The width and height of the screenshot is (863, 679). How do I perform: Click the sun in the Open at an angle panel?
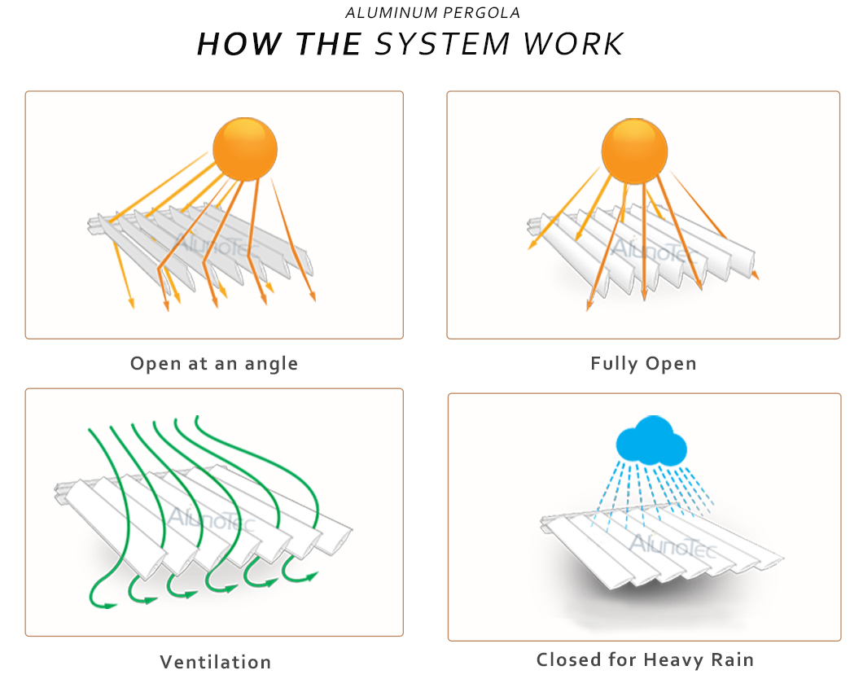pos(245,149)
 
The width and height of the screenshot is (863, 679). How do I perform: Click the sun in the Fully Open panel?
pos(634,151)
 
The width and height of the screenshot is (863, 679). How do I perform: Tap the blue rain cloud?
pos(651,440)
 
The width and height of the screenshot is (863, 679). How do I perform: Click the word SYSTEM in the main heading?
pos(443,44)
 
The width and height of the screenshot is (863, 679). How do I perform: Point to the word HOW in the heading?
pos(240,44)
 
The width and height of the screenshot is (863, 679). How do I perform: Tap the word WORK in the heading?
pos(573,44)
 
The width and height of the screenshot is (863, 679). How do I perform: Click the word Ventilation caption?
pos(216,662)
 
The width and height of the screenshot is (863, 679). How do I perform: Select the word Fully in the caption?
pos(614,364)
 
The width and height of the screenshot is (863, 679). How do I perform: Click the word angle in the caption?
pos(271,364)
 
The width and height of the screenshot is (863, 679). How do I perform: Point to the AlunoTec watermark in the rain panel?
pos(673,545)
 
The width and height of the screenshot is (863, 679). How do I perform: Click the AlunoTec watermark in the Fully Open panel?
pos(653,251)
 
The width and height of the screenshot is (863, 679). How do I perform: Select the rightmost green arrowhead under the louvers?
pos(312,576)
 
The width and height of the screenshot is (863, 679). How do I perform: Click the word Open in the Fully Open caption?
pos(671,364)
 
